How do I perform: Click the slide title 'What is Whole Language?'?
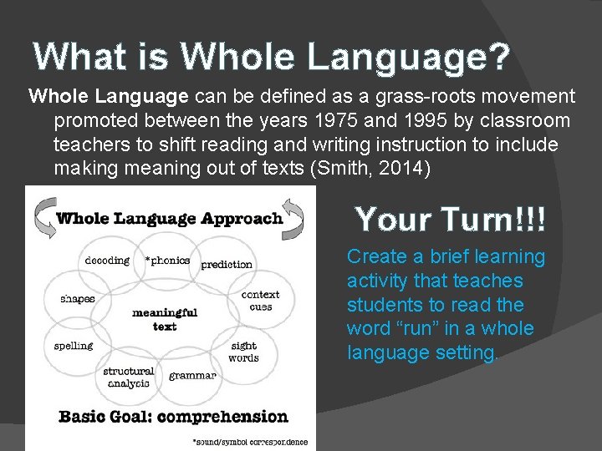[x=272, y=57]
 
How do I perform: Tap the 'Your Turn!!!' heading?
[x=451, y=219]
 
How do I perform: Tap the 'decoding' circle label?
[x=107, y=260]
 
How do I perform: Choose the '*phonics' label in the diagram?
[x=167, y=260]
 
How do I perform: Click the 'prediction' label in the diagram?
[x=227, y=265]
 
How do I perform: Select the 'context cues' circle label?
[x=260, y=301]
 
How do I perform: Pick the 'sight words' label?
[x=243, y=352]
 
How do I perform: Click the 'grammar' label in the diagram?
[x=192, y=376]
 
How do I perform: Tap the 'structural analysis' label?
[x=128, y=377]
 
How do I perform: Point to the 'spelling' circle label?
[x=74, y=346]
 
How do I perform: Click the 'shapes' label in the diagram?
[x=77, y=298]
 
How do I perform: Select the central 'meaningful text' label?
[x=165, y=319]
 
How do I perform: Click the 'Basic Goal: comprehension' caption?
[x=172, y=416]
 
